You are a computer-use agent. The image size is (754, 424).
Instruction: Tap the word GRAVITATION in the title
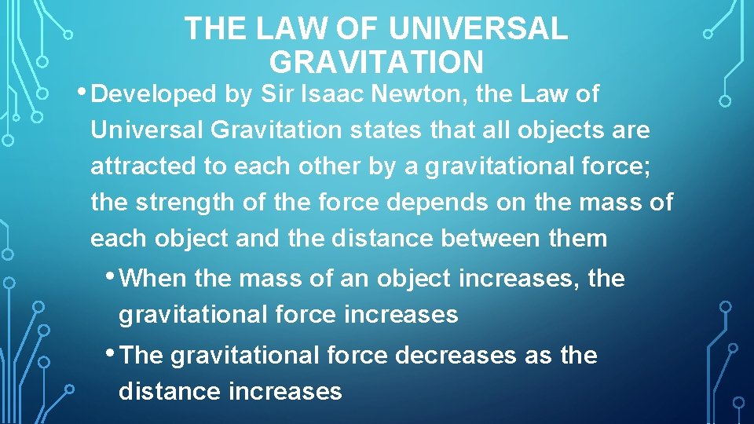click(x=376, y=61)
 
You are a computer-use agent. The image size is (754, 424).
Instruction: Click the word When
click(x=155, y=279)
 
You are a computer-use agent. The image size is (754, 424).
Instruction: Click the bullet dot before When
click(x=115, y=275)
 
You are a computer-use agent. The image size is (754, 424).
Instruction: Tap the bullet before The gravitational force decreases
click(x=115, y=352)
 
